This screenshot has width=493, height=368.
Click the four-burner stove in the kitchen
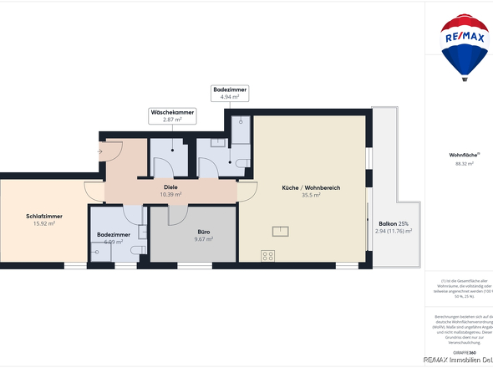pos(268,255)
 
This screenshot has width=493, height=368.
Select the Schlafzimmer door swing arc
pos(94,192)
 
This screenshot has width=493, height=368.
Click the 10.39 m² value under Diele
pos(170,194)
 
